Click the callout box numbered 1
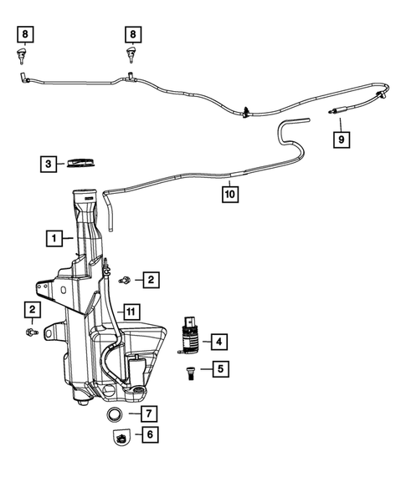point(54,239)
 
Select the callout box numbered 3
point(49,164)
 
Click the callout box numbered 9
point(342,140)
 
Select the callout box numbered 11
point(130,312)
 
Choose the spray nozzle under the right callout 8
point(131,56)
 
